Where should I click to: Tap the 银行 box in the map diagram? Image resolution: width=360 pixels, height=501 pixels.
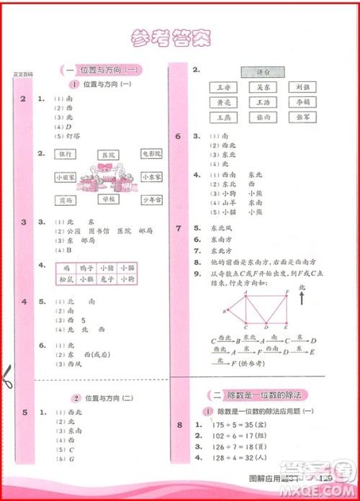click(x=66, y=153)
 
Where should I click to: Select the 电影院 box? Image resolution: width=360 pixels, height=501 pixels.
click(x=151, y=153)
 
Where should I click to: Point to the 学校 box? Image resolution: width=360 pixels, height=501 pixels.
click(x=109, y=198)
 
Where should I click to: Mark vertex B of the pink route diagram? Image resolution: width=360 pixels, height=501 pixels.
click(x=228, y=310)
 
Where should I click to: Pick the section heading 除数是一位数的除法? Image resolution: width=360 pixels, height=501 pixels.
click(x=266, y=394)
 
